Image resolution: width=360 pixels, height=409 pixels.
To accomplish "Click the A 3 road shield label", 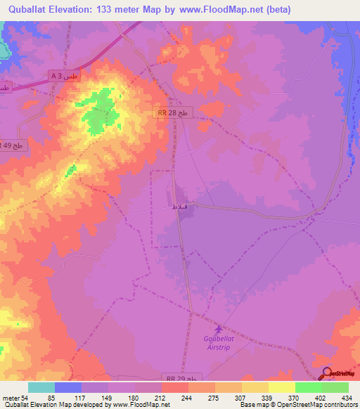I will click(60, 74).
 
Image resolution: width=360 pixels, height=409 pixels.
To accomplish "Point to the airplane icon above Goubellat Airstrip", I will click(218, 329).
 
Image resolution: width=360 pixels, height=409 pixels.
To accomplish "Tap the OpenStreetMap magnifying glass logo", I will click(327, 375).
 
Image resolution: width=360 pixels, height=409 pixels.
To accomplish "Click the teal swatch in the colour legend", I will click(41, 387).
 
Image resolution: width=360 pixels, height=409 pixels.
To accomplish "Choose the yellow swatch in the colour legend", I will click(281, 387).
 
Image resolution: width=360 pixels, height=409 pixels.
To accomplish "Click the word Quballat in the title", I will click(27, 9).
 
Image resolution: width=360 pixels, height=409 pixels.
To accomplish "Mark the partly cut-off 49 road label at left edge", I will click(11, 145).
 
